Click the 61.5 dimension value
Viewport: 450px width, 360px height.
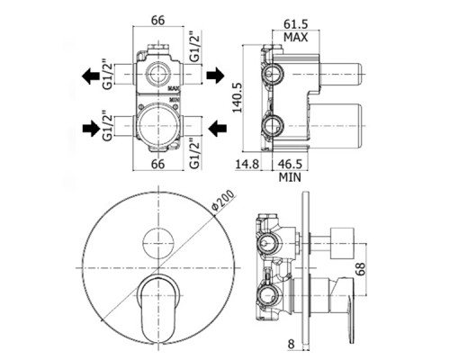click(x=296, y=23)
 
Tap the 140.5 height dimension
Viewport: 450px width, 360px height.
click(x=238, y=98)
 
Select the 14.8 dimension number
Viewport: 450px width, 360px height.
click(x=247, y=164)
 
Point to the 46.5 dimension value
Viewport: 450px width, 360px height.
click(x=290, y=164)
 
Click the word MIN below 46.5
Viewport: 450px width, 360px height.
click(x=290, y=177)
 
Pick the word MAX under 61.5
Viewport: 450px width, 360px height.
click(x=296, y=37)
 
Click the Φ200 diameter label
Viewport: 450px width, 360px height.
click(x=222, y=200)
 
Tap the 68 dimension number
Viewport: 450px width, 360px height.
click(x=361, y=269)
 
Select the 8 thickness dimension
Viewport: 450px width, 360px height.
click(x=291, y=344)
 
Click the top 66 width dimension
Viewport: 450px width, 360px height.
click(x=157, y=21)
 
